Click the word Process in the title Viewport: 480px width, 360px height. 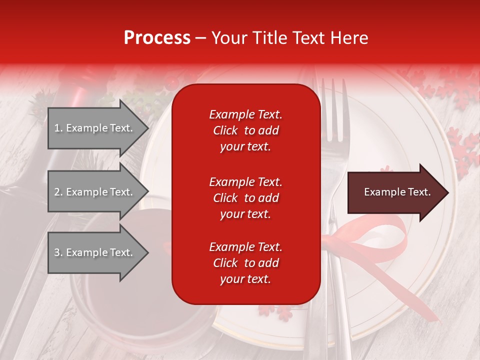point(157,38)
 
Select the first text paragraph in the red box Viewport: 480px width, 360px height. point(245,130)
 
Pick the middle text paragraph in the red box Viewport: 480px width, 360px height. point(245,198)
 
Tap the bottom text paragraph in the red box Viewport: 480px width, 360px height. point(245,263)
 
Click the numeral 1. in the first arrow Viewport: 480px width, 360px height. point(58,128)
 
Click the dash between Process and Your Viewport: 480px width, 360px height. point(200,38)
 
